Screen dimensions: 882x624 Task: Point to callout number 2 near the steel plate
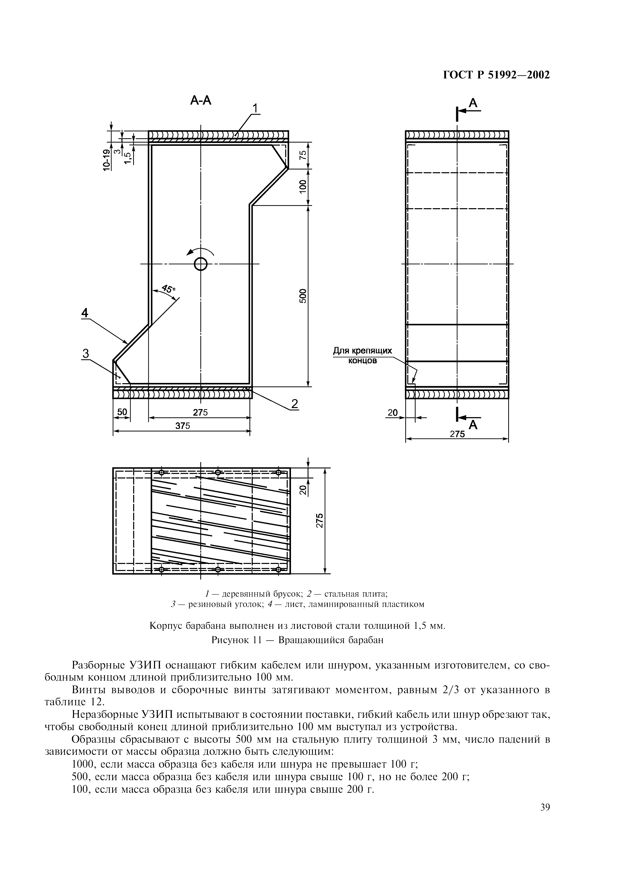click(x=295, y=404)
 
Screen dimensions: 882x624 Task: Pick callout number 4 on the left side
click(x=85, y=313)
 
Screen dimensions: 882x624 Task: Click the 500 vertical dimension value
click(x=303, y=295)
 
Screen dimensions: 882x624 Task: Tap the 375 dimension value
click(x=183, y=426)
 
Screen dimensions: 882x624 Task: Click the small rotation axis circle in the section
click(x=201, y=264)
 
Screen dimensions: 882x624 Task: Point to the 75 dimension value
click(x=303, y=155)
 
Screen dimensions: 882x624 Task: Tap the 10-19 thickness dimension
click(x=106, y=159)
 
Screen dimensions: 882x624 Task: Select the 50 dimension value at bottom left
click(x=122, y=412)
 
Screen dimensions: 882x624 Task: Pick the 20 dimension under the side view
click(x=392, y=413)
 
